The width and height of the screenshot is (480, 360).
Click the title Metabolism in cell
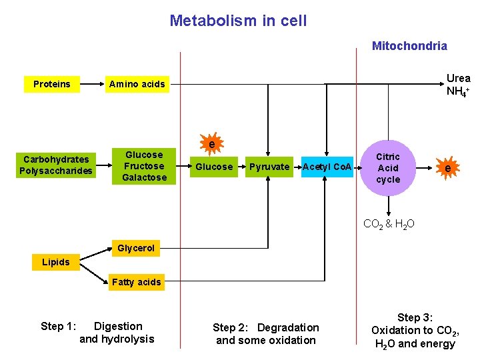click(238, 21)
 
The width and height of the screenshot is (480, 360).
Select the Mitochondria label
click(409, 46)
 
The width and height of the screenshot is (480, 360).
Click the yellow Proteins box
click(51, 84)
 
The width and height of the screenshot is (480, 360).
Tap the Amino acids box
click(137, 84)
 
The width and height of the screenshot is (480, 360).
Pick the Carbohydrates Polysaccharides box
click(56, 165)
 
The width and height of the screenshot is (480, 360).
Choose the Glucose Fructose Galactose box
click(144, 166)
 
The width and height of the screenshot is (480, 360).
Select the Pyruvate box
click(269, 167)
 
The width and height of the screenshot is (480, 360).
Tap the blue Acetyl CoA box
click(327, 167)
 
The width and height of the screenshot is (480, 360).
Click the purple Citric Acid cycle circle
click(388, 168)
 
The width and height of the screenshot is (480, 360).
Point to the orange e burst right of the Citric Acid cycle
click(447, 169)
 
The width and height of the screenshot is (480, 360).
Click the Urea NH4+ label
click(458, 85)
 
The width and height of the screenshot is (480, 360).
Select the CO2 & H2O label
click(389, 224)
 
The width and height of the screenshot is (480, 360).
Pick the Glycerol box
click(136, 248)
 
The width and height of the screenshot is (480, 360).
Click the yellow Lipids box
click(55, 262)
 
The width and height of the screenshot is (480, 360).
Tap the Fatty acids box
click(136, 282)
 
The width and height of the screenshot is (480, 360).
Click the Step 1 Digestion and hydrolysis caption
click(97, 333)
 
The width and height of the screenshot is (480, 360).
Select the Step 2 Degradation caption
click(265, 333)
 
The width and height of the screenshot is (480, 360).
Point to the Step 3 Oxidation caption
click(414, 331)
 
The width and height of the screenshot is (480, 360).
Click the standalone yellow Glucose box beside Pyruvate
click(214, 167)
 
